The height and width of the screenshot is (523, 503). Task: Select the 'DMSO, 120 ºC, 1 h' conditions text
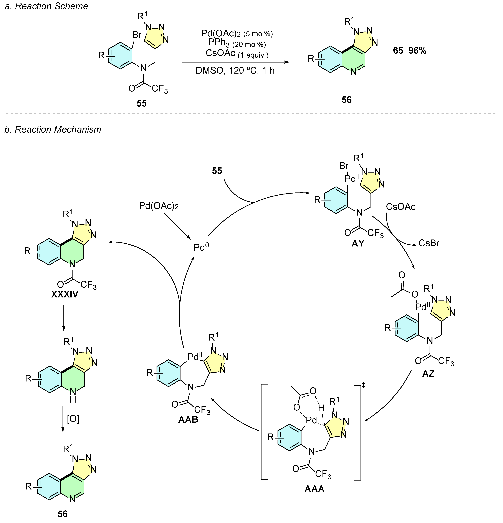[x=235, y=71]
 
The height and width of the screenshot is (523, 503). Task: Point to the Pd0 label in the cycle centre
[x=201, y=247]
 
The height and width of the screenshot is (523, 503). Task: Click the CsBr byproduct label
[x=429, y=243]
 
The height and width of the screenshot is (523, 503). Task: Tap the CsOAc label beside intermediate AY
[x=400, y=207]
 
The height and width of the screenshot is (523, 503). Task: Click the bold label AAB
[x=188, y=419]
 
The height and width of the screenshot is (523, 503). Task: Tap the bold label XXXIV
[x=65, y=294]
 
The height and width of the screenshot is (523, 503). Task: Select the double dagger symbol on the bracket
[x=363, y=385]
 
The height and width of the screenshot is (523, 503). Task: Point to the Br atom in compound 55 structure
[x=137, y=35]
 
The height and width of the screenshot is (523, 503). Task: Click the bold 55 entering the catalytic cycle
[x=217, y=171]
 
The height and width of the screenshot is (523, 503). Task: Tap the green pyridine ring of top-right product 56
[x=352, y=60]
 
